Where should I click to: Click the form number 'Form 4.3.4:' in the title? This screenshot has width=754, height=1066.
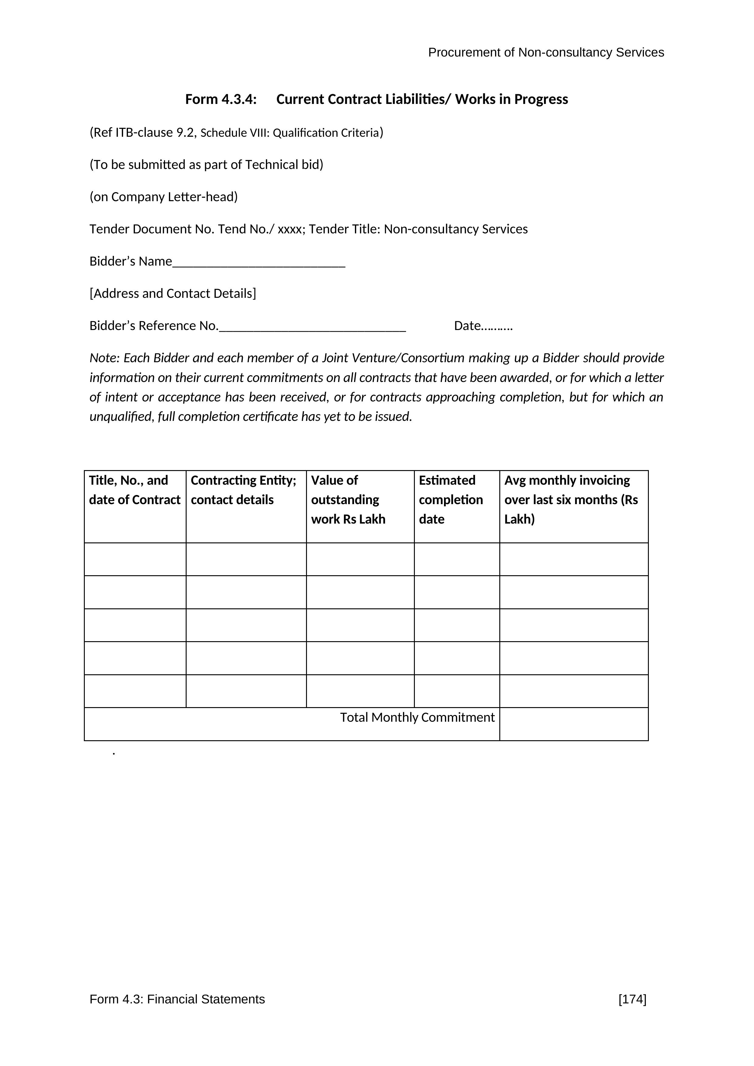tap(221, 99)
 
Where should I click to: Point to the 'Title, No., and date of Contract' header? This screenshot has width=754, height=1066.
tap(135, 490)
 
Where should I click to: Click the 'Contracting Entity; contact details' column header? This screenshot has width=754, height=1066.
tap(243, 490)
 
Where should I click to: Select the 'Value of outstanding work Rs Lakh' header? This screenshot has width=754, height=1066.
tap(348, 500)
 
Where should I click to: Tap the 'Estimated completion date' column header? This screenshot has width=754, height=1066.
tap(451, 500)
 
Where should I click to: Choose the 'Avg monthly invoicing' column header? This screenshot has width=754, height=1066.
tap(571, 500)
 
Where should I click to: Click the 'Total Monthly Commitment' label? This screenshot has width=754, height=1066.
tap(417, 718)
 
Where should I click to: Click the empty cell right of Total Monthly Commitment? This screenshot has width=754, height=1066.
tap(574, 724)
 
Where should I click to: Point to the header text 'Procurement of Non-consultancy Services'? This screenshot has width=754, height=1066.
tap(546, 53)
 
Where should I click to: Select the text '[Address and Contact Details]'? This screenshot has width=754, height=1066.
tap(173, 294)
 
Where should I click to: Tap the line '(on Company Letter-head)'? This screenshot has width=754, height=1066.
tap(164, 197)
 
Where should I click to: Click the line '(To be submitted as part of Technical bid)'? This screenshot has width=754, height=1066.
tap(206, 165)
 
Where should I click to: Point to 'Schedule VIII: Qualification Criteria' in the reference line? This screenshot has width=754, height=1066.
tap(290, 133)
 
